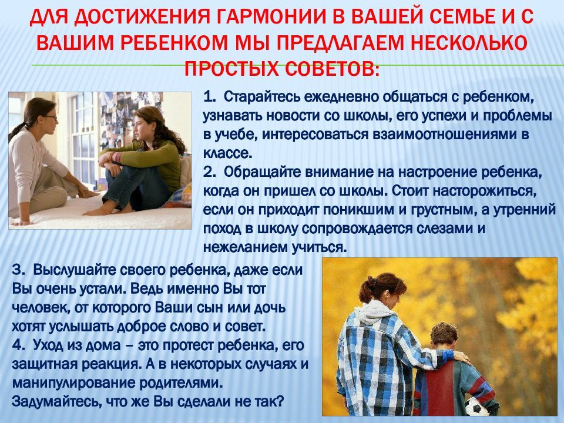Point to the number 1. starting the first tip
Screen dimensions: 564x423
click(x=209, y=97)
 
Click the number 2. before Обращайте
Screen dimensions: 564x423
click(x=209, y=172)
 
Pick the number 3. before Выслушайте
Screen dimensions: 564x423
click(x=18, y=270)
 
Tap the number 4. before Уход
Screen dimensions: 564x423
click(x=18, y=345)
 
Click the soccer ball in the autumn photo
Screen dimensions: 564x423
click(x=476, y=407)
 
